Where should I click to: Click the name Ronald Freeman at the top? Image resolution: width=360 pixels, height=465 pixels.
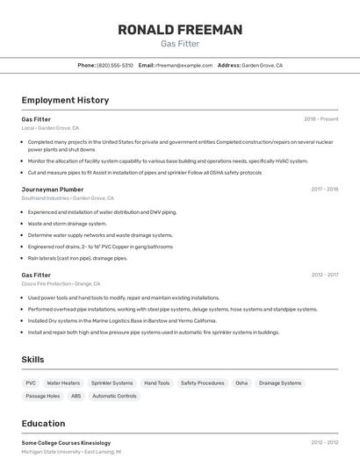pyautogui.click(x=180, y=30)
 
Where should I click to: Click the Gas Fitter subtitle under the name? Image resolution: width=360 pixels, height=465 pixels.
pyautogui.click(x=180, y=44)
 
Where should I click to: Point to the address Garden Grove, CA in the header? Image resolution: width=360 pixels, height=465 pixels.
pyautogui.click(x=262, y=65)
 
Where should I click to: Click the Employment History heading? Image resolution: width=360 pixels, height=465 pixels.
pyautogui.click(x=65, y=100)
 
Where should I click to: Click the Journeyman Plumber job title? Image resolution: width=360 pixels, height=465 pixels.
pyautogui.click(x=53, y=189)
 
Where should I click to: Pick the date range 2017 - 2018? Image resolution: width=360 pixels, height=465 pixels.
pyautogui.click(x=324, y=189)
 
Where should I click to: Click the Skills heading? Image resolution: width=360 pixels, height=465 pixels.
pyautogui.click(x=32, y=360)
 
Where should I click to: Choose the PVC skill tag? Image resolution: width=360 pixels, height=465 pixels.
pyautogui.click(x=31, y=383)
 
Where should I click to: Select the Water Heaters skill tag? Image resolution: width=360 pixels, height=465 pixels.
pyautogui.click(x=63, y=383)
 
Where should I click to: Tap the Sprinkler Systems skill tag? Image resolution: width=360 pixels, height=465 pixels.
pyautogui.click(x=112, y=383)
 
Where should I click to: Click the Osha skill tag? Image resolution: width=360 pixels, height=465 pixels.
pyautogui.click(x=241, y=383)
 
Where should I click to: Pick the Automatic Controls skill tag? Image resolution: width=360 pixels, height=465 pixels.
pyautogui.click(x=114, y=396)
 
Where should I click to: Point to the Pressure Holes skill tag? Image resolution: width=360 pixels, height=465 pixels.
pyautogui.click(x=42, y=396)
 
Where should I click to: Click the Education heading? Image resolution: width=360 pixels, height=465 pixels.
pyautogui.click(x=43, y=423)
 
